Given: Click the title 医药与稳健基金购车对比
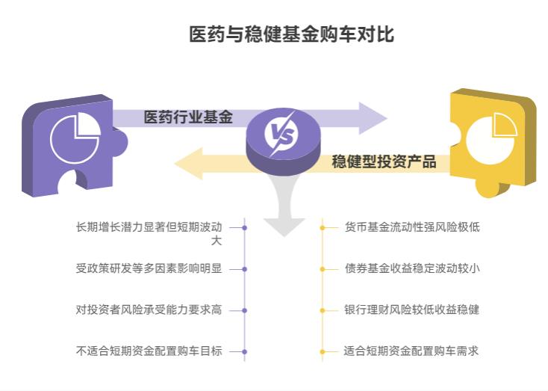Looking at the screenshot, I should pos(292,34).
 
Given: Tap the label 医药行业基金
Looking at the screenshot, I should pos(188,117).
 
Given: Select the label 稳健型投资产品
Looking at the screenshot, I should pos(384,161).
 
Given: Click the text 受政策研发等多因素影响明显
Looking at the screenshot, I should pos(149,268).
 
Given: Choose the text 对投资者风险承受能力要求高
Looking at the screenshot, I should pos(149,310).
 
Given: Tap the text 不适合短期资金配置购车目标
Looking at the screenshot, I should pos(149,351).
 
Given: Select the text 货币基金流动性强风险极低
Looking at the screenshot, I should pos(411,227).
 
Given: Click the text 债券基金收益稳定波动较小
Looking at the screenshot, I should pos(411,268).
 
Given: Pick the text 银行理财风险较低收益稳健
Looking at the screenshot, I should pos(411,310).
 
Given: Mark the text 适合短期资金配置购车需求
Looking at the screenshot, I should pos(411,351).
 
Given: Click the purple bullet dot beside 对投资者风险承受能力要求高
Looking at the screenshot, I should pos(244,310).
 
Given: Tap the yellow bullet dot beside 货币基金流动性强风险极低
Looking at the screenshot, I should pos(322,227).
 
